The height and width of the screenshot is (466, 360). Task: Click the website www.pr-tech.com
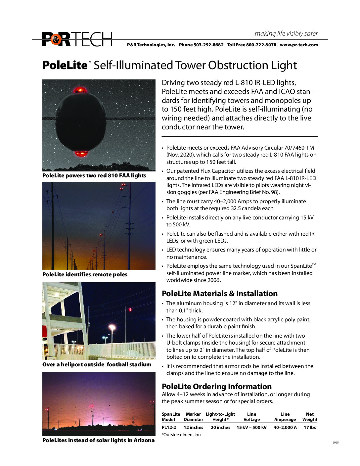pyautogui.click(x=299, y=45)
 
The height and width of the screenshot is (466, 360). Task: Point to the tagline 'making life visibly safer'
pyautogui.click(x=286, y=33)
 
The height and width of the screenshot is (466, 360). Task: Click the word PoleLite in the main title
pyautogui.click(x=65, y=65)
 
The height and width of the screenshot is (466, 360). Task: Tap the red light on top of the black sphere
pyautogui.click(x=80, y=90)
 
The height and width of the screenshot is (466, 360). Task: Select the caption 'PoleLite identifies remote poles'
pyautogui.click(x=85, y=274)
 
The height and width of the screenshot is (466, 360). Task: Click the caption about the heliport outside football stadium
pyautogui.click(x=97, y=364)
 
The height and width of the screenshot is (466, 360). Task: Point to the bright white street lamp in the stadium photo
pyautogui.click(x=112, y=327)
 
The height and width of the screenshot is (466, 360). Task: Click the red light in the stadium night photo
pyautogui.click(x=131, y=310)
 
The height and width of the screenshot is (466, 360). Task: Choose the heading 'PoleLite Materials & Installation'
pyautogui.click(x=219, y=294)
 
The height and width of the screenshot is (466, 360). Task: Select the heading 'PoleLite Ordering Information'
pyautogui.click(x=216, y=387)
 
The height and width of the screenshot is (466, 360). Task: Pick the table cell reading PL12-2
pyautogui.click(x=169, y=427)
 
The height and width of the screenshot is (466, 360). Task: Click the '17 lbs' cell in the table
pyautogui.click(x=310, y=427)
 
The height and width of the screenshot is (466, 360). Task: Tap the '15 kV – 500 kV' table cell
pyautogui.click(x=251, y=427)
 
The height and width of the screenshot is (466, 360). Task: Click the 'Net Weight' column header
pyautogui.click(x=310, y=417)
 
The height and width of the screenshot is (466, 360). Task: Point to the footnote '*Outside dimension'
pyautogui.click(x=181, y=435)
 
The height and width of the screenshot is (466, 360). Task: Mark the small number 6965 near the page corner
pyautogui.click(x=336, y=443)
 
